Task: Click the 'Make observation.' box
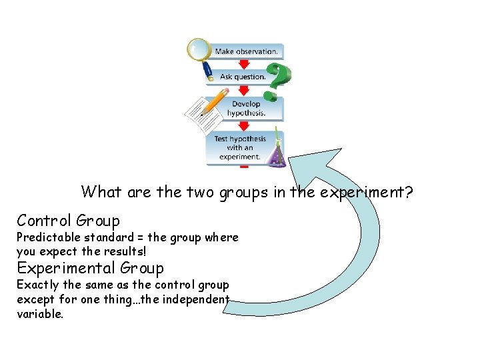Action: pyautogui.click(x=245, y=51)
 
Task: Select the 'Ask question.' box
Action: pyautogui.click(x=243, y=77)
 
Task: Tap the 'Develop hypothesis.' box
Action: pyautogui.click(x=245, y=109)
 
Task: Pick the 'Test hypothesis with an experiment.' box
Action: pyautogui.click(x=240, y=148)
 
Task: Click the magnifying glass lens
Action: pyautogui.click(x=199, y=48)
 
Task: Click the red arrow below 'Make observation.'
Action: pyautogui.click(x=244, y=64)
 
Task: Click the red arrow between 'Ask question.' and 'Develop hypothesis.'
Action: pyautogui.click(x=244, y=91)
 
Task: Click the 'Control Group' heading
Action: pyautogui.click(x=69, y=221)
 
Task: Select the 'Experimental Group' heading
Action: pyautogui.click(x=90, y=268)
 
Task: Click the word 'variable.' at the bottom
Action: pyautogui.click(x=40, y=314)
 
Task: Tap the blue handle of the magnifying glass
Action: pyautogui.click(x=208, y=71)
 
